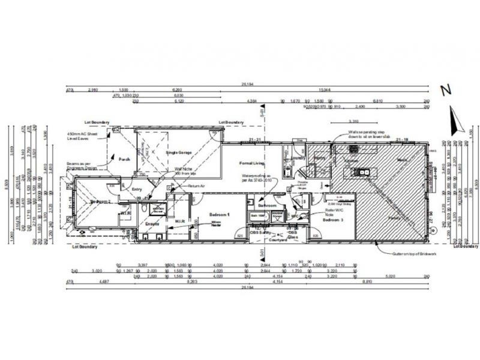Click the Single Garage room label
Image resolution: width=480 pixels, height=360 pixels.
pos(179,153)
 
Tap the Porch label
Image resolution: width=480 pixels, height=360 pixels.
pos(125,159)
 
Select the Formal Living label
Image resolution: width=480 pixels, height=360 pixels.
pos(252,163)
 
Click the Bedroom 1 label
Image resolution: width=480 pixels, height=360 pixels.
pos(220,214)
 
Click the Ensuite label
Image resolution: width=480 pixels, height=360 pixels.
pos(152,224)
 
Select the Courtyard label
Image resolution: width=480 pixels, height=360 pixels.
pos(278,239)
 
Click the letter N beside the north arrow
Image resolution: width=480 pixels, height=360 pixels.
pos(445,91)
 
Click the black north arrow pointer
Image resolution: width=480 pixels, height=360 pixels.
pos(455,120)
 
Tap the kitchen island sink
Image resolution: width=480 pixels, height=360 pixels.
pos(364,173)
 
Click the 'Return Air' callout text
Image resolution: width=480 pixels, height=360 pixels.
pos(196,186)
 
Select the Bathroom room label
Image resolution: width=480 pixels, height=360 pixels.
pos(267,206)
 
